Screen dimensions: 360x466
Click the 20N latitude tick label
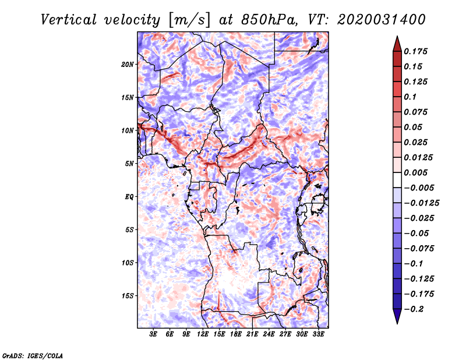tap(128, 64)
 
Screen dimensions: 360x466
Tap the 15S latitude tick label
tap(128, 295)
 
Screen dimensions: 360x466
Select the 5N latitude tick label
tap(129, 164)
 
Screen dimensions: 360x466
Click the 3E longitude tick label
tap(153, 334)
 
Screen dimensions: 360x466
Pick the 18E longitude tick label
tap(236, 334)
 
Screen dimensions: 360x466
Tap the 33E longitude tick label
tap(319, 334)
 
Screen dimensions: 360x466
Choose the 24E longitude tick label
tap(269, 334)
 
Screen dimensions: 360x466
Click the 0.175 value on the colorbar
tap(416, 51)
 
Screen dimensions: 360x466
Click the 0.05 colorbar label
tap(414, 127)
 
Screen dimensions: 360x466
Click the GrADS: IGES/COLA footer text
tap(32, 355)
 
